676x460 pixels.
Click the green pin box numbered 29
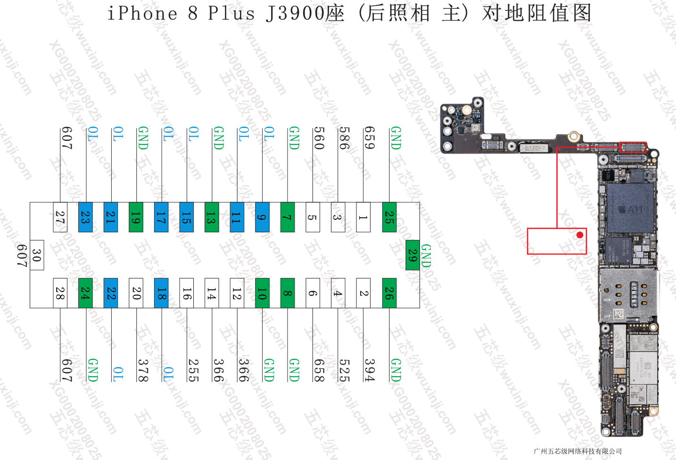point(412,255)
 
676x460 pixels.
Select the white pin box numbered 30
point(37,255)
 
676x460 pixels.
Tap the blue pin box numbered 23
point(85,217)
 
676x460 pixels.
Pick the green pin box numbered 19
point(136,217)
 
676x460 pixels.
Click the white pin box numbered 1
point(363,217)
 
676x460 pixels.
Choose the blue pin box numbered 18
point(161,293)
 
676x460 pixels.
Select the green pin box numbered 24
point(85,293)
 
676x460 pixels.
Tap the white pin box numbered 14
point(212,293)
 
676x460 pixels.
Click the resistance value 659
point(370,138)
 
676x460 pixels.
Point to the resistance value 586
point(344,138)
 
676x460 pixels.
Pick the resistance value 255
point(193,370)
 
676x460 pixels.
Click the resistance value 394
point(370,370)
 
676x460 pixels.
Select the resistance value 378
point(143,370)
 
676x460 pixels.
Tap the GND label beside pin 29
point(426,255)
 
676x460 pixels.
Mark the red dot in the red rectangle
point(580,235)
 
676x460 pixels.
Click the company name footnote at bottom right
point(577,451)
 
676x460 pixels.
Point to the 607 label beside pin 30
point(22,255)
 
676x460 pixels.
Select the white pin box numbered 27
point(60,217)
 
